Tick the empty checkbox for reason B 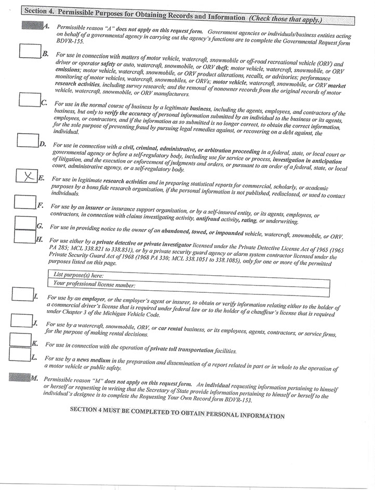click(x=30, y=51)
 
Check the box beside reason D click(x=28, y=140)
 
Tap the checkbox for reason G click(x=25, y=223)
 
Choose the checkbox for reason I click(x=22, y=294)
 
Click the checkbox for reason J click(x=21, y=321)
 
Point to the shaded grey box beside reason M click(x=20, y=377)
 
